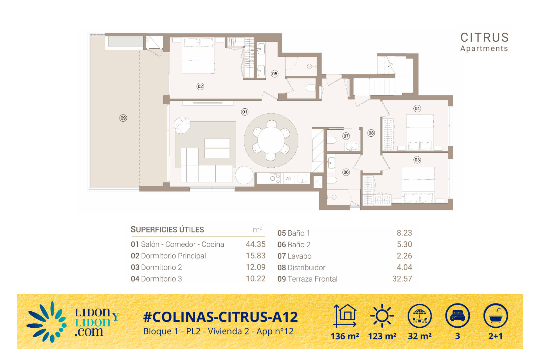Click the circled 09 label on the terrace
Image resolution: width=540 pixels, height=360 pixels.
[123, 118]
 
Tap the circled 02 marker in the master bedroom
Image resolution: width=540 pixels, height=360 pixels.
[200, 86]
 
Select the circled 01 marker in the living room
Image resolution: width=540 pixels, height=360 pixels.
[245, 112]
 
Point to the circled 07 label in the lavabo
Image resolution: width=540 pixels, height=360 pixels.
[346, 136]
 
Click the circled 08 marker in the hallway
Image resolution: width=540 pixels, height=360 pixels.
[371, 133]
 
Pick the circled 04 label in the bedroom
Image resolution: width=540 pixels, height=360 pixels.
[417, 109]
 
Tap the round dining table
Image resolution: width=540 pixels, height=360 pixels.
[271, 141]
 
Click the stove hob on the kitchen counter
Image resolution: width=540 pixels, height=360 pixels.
[275, 178]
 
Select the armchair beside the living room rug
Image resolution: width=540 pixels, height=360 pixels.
[182, 125]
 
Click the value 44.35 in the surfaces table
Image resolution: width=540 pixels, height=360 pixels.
[255, 244]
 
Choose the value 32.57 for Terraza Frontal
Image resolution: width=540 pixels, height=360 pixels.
[402, 279]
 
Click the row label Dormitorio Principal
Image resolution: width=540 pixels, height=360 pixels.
[173, 256]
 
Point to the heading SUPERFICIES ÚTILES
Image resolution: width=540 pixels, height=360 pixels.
[167, 229]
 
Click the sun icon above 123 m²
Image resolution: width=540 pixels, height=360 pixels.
[382, 316]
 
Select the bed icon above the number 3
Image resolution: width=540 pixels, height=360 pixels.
[457, 316]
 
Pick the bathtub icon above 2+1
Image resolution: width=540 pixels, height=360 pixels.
[496, 316]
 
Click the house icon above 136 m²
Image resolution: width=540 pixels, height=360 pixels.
[345, 316]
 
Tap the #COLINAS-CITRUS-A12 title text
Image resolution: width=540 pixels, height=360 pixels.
[220, 317]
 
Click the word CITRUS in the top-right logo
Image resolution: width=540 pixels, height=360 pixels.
[484, 37]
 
